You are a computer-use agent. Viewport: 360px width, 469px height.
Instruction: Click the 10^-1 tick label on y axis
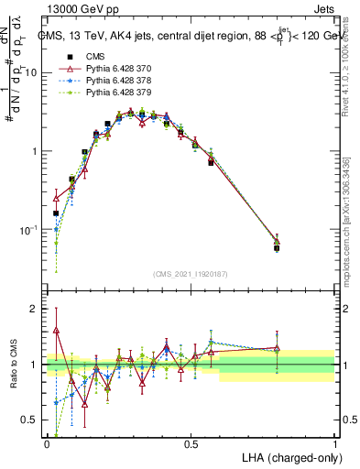29,229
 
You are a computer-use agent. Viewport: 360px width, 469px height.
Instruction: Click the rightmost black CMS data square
277,248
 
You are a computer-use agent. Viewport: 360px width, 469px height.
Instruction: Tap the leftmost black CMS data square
56,213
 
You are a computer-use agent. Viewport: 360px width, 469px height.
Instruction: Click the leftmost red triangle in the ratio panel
56,330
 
